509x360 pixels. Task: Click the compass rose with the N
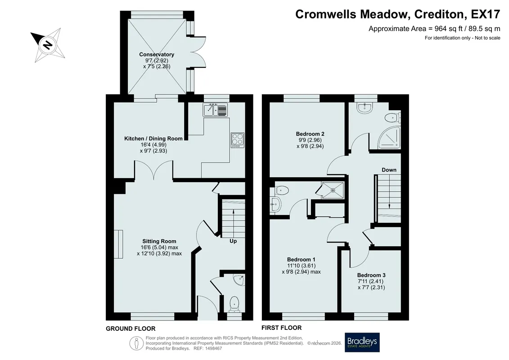48,45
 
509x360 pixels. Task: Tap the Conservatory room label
157,54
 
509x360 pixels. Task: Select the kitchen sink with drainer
216,110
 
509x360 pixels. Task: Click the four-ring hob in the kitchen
238,140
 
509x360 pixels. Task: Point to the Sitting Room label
159,241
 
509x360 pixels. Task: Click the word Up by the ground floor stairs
233,241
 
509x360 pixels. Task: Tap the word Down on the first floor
389,170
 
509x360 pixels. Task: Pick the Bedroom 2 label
310,134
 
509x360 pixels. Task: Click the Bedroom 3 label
371,275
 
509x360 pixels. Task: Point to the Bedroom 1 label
301,259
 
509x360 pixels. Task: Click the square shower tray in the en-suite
333,190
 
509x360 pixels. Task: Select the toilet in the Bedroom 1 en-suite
281,190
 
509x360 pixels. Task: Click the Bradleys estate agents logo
362,342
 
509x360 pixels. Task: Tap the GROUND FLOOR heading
131,328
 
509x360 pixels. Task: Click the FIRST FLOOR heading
282,328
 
